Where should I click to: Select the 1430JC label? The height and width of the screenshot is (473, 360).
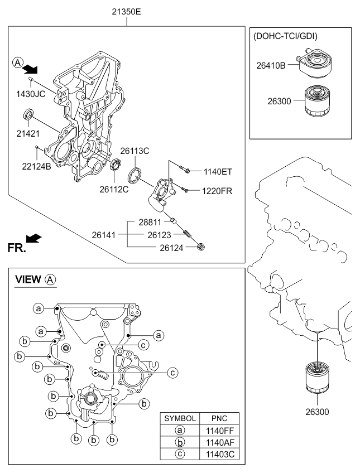point(31,93)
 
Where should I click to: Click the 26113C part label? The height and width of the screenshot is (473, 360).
point(135,151)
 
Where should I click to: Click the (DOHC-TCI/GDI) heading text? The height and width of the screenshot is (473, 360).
point(286,36)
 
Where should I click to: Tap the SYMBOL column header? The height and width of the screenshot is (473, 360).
point(179,418)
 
